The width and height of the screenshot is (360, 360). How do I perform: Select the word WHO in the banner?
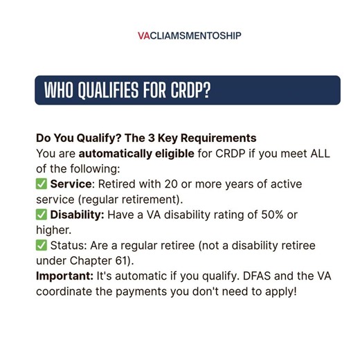(61, 91)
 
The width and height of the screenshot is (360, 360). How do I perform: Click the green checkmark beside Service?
(41, 184)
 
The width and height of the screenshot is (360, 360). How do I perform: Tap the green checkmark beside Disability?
(41, 215)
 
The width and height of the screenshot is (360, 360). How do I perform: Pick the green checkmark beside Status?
(41, 245)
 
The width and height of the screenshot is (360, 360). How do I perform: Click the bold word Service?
(72, 184)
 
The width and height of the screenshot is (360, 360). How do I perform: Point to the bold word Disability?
(77, 215)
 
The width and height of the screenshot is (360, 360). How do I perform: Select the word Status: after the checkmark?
(68, 245)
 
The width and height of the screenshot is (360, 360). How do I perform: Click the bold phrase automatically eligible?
(136, 153)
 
